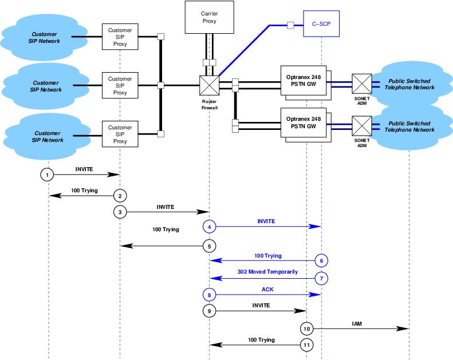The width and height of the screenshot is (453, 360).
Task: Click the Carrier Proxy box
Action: (209, 17)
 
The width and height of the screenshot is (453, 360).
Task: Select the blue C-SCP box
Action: (321, 25)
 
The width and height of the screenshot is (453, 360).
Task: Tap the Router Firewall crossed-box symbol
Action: (209, 85)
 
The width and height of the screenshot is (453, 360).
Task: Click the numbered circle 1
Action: (48, 174)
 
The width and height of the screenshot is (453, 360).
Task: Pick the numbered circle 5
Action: (210, 246)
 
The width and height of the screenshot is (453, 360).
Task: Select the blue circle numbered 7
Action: (321, 278)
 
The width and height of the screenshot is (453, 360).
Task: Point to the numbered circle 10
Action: (307, 329)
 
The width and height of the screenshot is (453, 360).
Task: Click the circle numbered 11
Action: (307, 345)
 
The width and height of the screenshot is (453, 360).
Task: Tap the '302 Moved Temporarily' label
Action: (267, 272)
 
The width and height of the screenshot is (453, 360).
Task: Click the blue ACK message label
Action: (267, 289)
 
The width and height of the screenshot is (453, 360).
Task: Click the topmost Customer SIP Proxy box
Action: (120, 37)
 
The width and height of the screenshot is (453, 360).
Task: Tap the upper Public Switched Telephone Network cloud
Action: (409, 84)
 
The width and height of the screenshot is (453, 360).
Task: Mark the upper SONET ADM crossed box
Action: (361, 84)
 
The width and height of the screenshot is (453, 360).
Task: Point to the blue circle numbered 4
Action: (210, 227)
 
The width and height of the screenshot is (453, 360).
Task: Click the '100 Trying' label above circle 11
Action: (261, 340)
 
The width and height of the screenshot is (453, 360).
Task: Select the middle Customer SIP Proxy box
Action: (120, 85)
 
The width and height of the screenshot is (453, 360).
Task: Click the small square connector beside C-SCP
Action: (290, 25)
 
